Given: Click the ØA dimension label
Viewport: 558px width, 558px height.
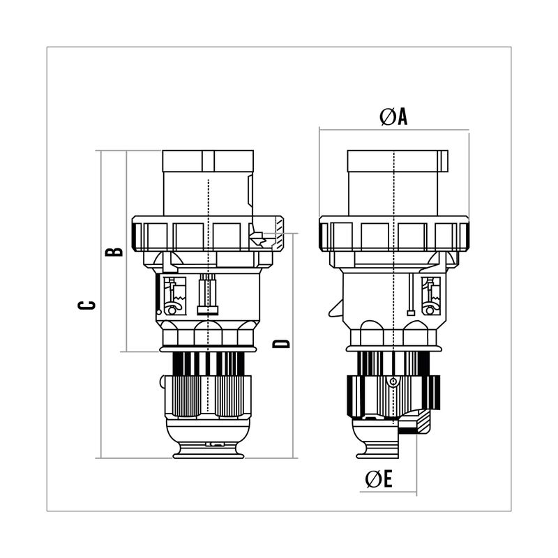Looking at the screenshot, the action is coord(393,116).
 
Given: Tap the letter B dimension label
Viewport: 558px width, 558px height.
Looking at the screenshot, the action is coord(114,252).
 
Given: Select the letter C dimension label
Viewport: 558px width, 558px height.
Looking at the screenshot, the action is coord(86,305).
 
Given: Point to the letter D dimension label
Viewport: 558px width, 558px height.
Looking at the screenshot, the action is coord(281,343).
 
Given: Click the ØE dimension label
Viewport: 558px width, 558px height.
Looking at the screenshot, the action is coord(379,478).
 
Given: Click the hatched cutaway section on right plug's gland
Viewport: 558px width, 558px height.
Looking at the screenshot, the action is coord(423,423).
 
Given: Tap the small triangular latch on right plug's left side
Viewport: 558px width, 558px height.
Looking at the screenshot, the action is coord(335,308).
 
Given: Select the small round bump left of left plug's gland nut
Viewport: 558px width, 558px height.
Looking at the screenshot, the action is coord(163,382).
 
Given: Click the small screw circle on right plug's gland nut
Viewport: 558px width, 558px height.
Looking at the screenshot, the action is coord(393,382).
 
